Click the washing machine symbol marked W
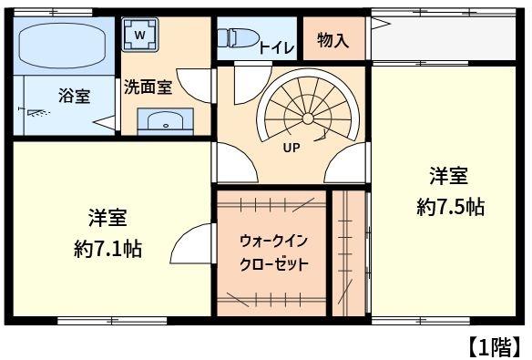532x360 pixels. (139, 35)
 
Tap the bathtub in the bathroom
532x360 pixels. (62, 46)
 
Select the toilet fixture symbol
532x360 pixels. (238, 37)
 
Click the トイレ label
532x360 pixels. (276, 47)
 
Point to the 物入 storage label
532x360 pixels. (332, 40)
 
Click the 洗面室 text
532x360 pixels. (148, 87)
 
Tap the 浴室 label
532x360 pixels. (75, 96)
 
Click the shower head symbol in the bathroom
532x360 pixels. (34, 112)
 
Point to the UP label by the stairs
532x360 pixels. (292, 148)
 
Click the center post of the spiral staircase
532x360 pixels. (307, 118)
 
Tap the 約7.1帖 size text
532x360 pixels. (107, 250)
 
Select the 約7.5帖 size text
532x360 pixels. (450, 207)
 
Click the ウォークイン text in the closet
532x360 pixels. (273, 242)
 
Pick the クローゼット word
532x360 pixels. (273, 264)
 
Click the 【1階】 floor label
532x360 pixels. (495, 346)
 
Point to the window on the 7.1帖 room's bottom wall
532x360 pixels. (112, 321)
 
